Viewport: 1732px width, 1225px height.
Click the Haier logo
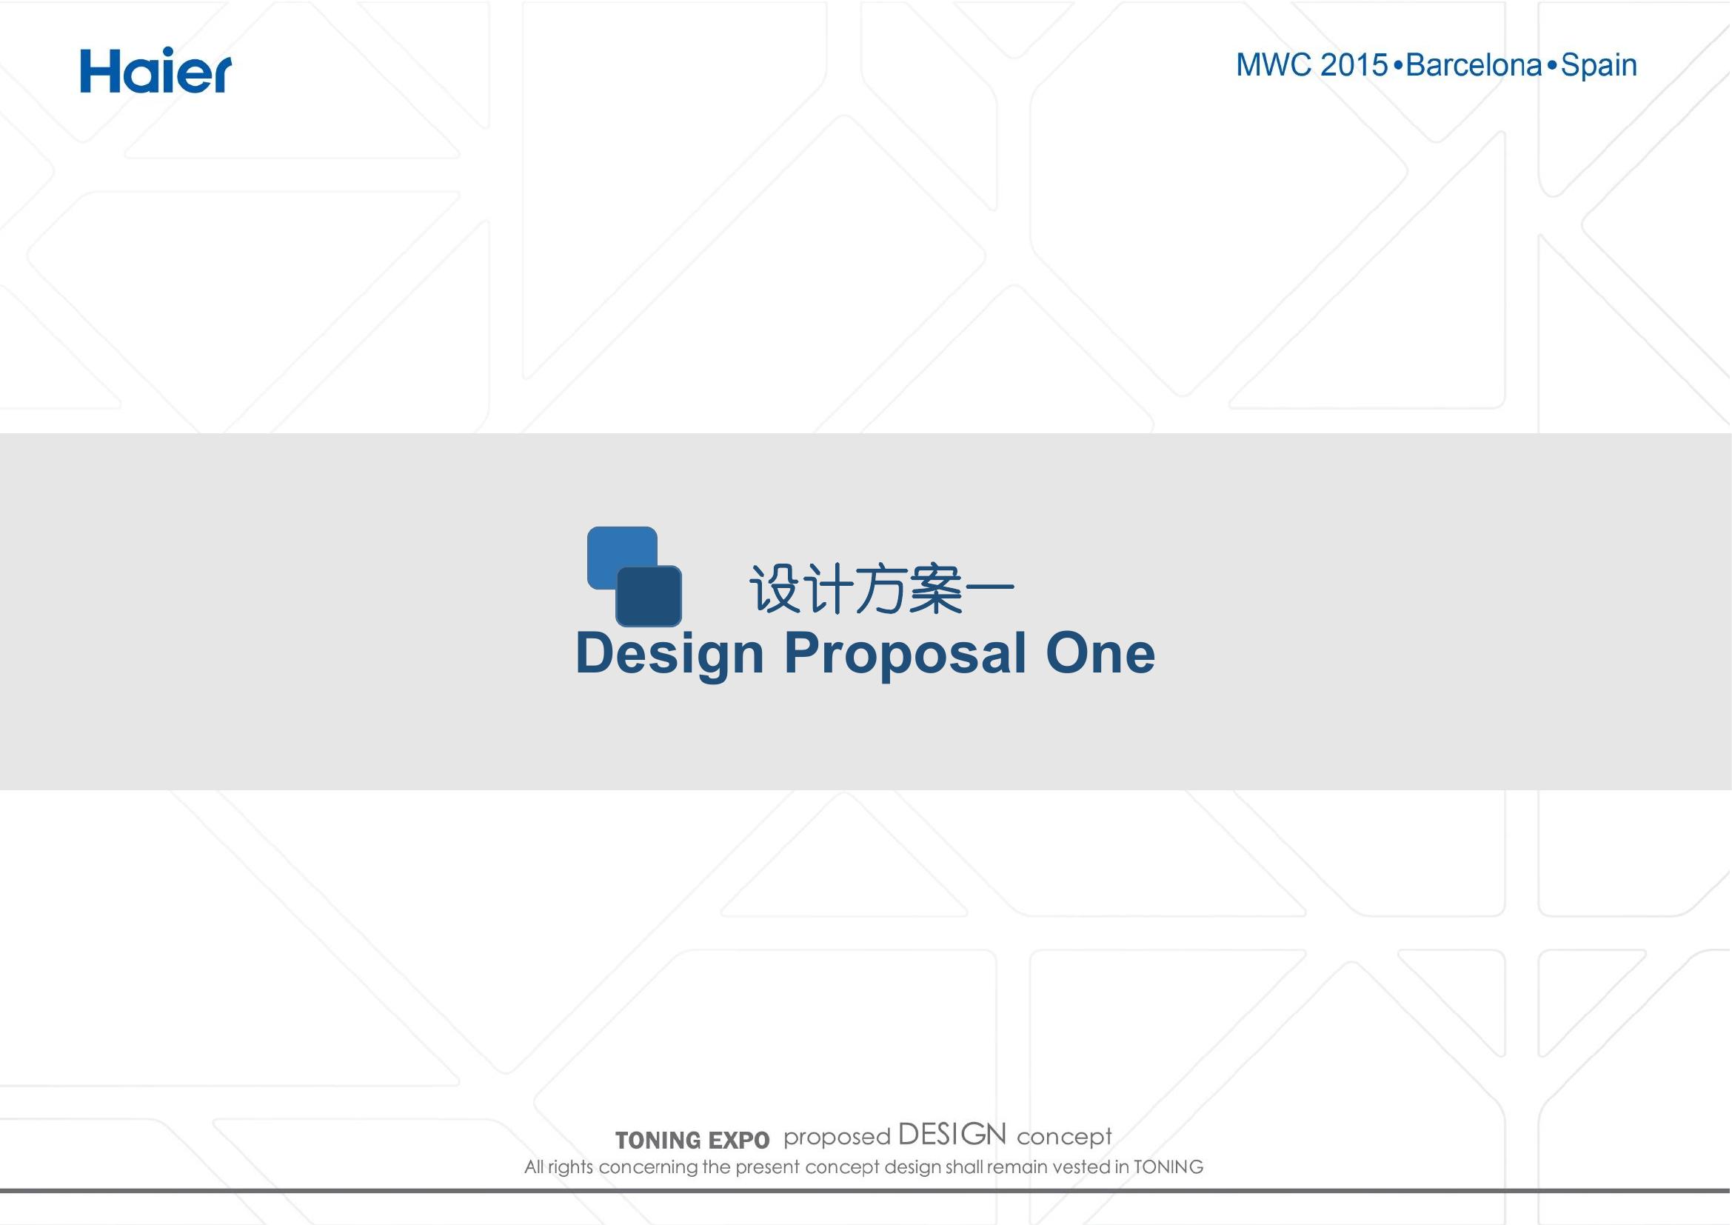156,70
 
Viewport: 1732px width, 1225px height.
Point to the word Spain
1599,67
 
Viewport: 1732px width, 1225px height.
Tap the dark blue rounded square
649,596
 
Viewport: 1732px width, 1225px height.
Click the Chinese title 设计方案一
881,589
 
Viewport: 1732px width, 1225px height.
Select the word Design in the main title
669,654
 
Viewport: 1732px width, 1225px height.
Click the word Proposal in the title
905,654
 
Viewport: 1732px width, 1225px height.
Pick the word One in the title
1100,652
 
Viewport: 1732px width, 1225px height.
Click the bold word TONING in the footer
657,1140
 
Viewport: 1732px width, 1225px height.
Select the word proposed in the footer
837,1138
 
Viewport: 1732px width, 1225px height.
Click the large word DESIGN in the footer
952,1134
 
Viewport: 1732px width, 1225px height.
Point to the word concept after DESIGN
1064,1138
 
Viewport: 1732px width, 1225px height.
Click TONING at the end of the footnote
1168,1168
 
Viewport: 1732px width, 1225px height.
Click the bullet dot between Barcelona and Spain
1551,66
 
